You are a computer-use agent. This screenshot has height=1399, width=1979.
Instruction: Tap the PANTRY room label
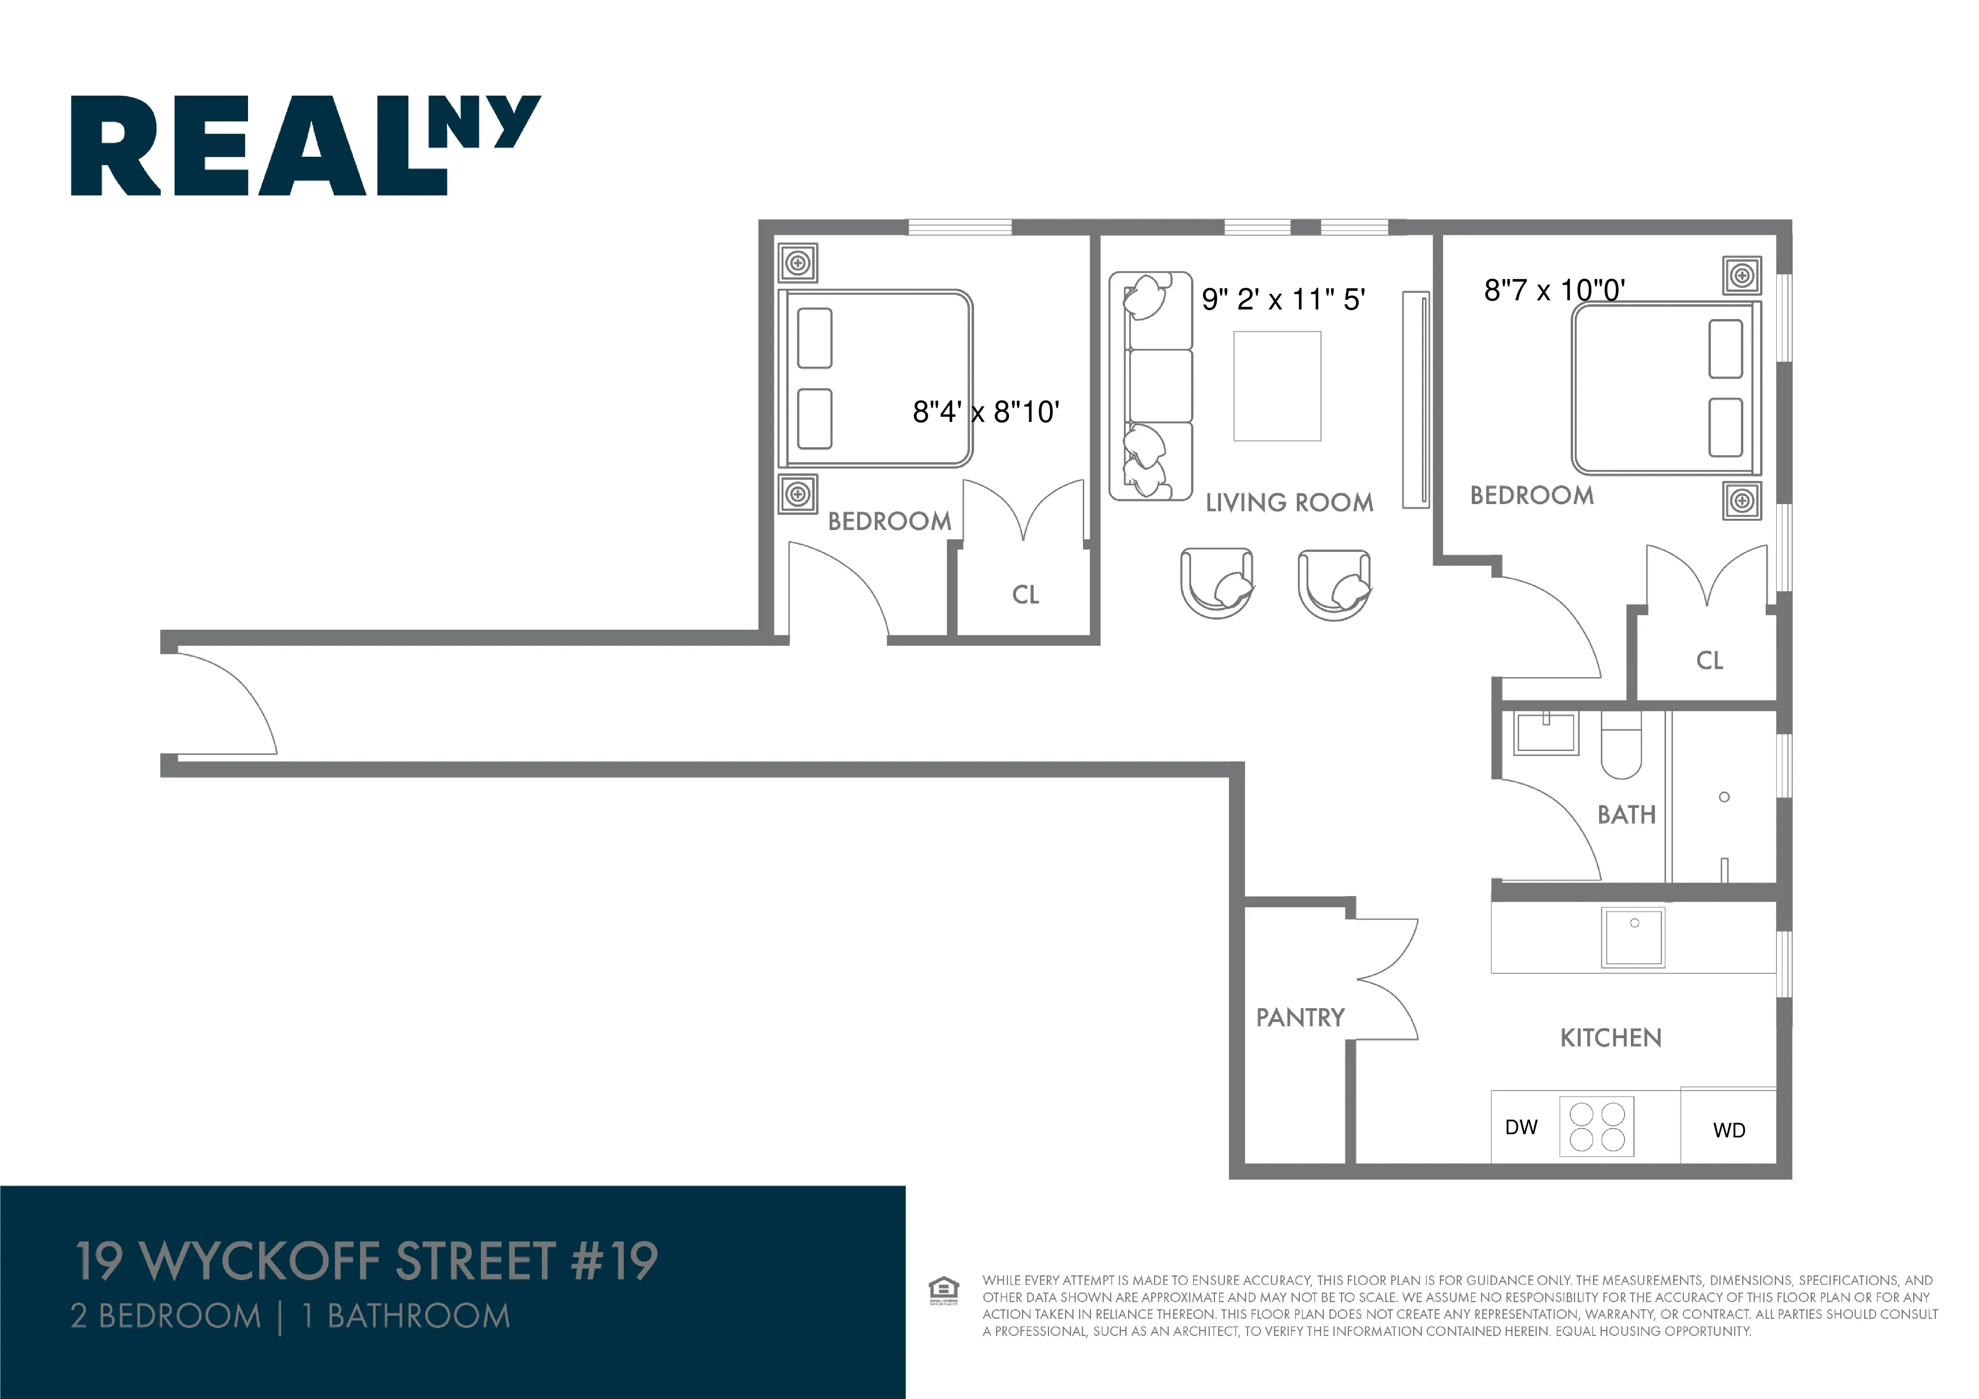pyautogui.click(x=1300, y=1018)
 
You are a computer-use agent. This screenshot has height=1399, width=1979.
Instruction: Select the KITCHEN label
pyautogui.click(x=1610, y=1038)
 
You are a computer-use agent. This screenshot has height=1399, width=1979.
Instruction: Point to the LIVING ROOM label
pyautogui.click(x=1289, y=502)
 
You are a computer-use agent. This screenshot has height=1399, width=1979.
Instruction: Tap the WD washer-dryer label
pyautogui.click(x=1728, y=1130)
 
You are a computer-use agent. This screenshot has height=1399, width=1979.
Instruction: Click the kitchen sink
pyautogui.click(x=1632, y=937)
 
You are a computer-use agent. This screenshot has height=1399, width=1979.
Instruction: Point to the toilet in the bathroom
pyautogui.click(x=1621, y=746)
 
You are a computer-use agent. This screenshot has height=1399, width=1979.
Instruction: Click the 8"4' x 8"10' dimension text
pyautogui.click(x=985, y=412)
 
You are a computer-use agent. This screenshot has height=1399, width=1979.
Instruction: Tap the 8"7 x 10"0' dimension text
pyautogui.click(x=1554, y=290)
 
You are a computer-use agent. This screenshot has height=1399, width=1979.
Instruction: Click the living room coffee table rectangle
pyautogui.click(x=1276, y=386)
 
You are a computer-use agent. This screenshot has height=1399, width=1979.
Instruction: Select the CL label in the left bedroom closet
pyautogui.click(x=1025, y=595)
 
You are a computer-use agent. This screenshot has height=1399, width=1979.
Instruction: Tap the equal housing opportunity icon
pyautogui.click(x=944, y=1291)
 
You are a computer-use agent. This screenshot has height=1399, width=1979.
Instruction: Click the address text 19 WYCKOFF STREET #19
pyautogui.click(x=366, y=1261)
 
